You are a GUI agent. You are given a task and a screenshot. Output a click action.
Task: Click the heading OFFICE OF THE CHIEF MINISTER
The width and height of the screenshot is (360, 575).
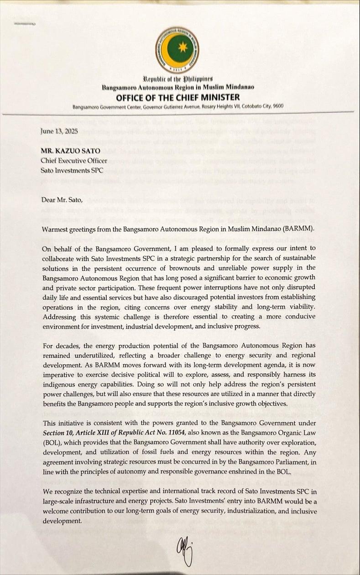tap(178, 97)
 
